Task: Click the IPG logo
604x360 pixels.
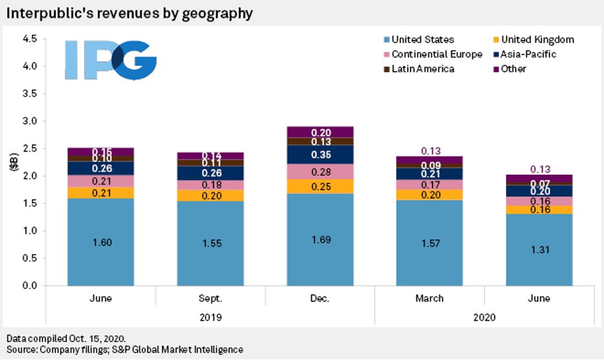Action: pyautogui.click(x=110, y=61)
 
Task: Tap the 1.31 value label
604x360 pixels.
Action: pyautogui.click(x=539, y=250)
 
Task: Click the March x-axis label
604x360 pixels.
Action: pyautogui.click(x=429, y=299)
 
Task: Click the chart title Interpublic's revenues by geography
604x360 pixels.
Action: pyautogui.click(x=130, y=12)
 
